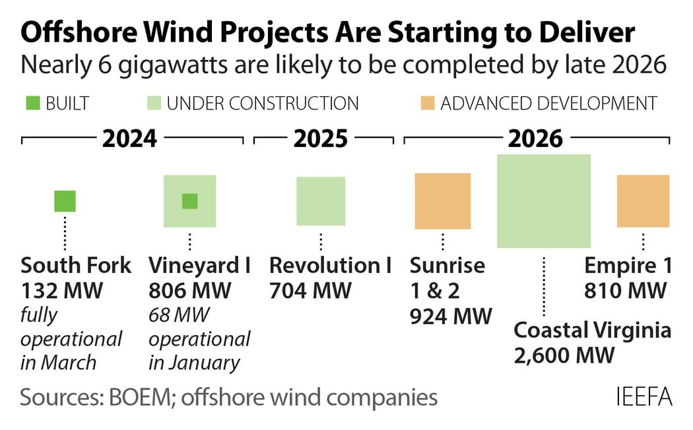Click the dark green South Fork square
[65, 201]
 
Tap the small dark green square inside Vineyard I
[189, 201]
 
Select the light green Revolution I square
[321, 201]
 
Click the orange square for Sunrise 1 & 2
[442, 201]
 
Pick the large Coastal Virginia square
[543, 201]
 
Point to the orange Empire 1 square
[643, 201]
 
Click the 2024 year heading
[129, 139]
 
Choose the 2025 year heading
[321, 139]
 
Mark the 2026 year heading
[535, 139]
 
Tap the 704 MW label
[310, 291]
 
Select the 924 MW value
[451, 317]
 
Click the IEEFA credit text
[643, 398]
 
